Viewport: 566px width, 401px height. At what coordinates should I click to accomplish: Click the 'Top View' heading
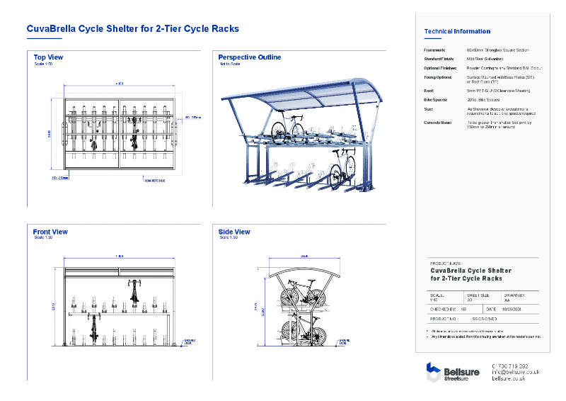48,57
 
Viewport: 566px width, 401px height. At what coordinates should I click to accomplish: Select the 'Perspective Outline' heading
249,57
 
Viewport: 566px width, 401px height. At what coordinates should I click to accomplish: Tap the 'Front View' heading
50,232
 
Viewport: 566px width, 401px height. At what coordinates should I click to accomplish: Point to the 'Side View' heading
234,232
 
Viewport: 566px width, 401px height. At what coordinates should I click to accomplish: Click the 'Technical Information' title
456,31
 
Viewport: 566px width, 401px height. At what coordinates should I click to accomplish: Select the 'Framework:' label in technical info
434,50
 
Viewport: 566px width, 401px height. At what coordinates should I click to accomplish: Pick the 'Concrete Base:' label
438,123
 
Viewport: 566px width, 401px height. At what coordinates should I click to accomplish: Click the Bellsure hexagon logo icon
434,372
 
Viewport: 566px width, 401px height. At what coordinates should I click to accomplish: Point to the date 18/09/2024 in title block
512,310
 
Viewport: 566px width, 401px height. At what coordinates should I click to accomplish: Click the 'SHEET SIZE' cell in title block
477,296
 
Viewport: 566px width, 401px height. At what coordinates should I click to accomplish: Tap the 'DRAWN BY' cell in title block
514,296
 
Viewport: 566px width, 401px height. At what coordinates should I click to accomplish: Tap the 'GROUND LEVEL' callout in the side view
344,341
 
